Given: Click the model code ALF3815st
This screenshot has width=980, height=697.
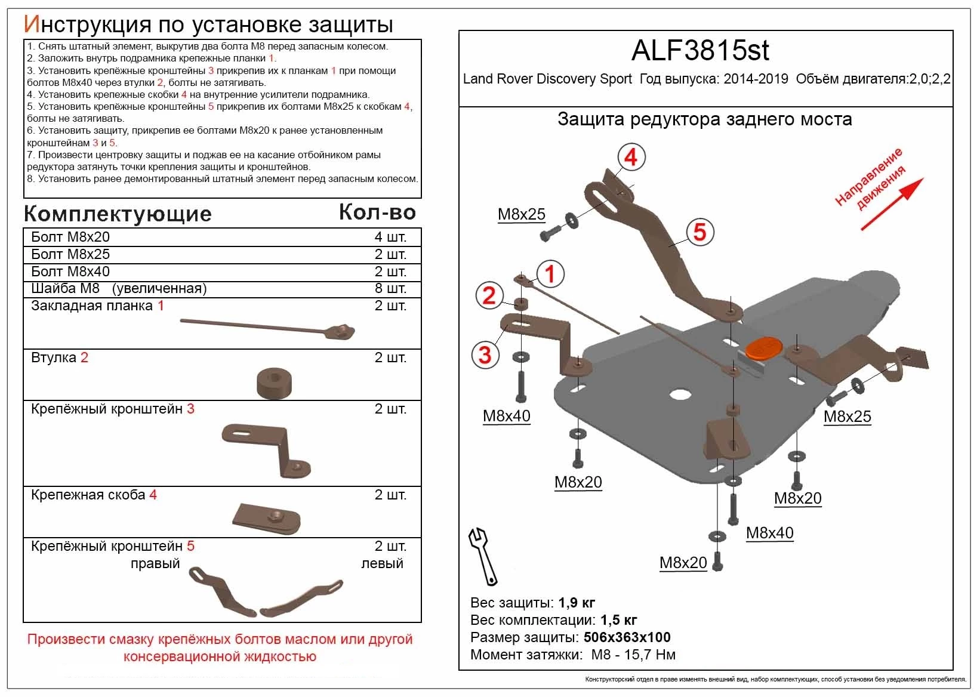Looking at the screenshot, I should pyautogui.click(x=700, y=51).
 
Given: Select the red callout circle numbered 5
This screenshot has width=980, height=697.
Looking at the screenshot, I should pyautogui.click(x=699, y=232).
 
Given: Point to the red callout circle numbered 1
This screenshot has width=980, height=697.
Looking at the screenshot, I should pyautogui.click(x=550, y=274).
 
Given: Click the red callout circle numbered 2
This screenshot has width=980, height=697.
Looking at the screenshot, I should pyautogui.click(x=489, y=295).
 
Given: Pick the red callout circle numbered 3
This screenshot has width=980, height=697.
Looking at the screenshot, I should pyautogui.click(x=485, y=354).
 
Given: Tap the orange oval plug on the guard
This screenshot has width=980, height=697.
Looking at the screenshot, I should pyautogui.click(x=765, y=348).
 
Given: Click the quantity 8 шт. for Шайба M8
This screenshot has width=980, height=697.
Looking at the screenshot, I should pyautogui.click(x=390, y=289).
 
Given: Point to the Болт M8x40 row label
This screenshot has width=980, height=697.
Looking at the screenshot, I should pyautogui.click(x=70, y=272).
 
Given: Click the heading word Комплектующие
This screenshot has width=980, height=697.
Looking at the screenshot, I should pyautogui.click(x=118, y=214).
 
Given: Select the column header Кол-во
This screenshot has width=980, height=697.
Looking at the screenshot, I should pyautogui.click(x=377, y=212).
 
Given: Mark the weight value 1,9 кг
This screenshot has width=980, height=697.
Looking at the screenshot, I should pyautogui.click(x=577, y=602).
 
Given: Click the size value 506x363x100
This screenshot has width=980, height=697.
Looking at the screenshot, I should pyautogui.click(x=627, y=637).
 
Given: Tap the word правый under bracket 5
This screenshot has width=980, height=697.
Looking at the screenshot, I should pyautogui.click(x=155, y=563).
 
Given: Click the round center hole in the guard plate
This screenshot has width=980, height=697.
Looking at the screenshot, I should pyautogui.click(x=680, y=394).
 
